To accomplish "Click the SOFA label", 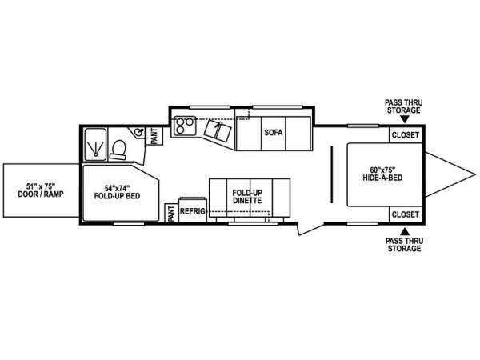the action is tap(274, 133).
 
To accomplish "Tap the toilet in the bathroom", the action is tap(118, 150).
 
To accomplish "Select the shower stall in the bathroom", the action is tap(95, 145).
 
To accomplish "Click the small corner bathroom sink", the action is tap(139, 132).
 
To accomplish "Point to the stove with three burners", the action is tap(185, 126).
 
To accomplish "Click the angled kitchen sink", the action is tap(218, 130).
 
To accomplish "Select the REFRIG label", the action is tap(192, 211).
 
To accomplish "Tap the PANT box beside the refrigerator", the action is tap(171, 213).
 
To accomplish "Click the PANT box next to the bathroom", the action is tap(154, 136).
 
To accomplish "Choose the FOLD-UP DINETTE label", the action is tap(247, 197).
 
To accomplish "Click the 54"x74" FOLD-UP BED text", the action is tap(117, 192).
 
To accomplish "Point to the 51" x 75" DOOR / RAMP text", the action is tap(41, 190).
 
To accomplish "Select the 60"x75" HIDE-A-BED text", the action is tap(382, 174).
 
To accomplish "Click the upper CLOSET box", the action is tap(406, 134).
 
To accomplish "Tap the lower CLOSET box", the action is tap(406, 214).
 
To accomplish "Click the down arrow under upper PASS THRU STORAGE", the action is tap(404, 119).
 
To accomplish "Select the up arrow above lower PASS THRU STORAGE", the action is tap(405, 231).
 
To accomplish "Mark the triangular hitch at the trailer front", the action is tap(450, 174).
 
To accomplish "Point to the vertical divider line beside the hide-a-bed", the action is tap(331, 174).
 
